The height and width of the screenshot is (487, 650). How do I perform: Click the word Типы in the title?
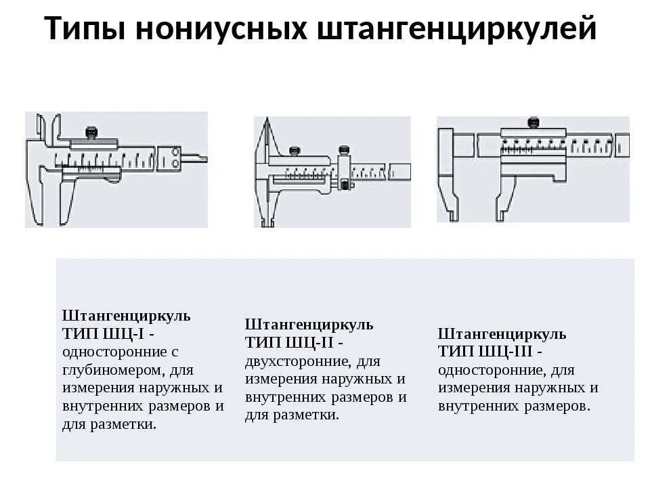point(85,28)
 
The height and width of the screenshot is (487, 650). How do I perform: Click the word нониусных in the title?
point(221,28)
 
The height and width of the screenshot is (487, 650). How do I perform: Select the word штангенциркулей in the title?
point(457,28)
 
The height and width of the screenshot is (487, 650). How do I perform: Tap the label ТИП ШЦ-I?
point(104,333)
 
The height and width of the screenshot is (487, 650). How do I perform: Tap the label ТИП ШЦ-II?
point(289,342)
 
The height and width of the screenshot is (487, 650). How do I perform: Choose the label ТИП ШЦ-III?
point(485,352)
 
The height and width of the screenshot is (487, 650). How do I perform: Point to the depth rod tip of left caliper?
point(202,158)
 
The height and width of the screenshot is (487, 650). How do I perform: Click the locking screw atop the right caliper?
point(533,122)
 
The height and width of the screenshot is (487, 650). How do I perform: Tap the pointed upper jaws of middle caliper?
point(266,137)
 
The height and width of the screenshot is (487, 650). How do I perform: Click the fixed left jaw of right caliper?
point(448,174)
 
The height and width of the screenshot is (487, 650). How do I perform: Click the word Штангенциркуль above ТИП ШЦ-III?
point(502,333)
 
